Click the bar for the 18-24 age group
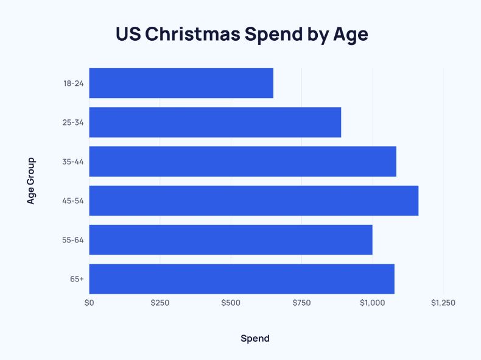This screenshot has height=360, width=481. [x=181, y=83]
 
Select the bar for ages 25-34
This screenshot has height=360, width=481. [x=215, y=122]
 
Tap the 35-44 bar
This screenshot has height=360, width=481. [x=242, y=161]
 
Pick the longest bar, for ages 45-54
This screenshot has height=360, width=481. [x=253, y=200]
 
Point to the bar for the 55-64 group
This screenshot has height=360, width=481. [x=230, y=240]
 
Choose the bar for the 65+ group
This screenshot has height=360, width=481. [x=241, y=279]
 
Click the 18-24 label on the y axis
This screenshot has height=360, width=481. [x=73, y=83]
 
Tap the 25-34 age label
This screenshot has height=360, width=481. [x=73, y=122]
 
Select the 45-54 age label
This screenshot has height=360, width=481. [x=73, y=201]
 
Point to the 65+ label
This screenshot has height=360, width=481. [x=77, y=280]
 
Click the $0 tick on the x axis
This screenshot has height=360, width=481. [x=89, y=303]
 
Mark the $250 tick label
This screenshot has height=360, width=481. [x=160, y=303]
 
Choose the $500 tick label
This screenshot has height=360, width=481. [x=231, y=303]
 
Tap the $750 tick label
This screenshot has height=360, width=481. [x=301, y=303]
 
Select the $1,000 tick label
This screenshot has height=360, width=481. [x=372, y=303]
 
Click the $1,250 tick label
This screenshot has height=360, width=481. [x=443, y=303]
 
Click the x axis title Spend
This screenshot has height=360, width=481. [x=255, y=339]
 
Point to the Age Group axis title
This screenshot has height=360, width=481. [x=31, y=181]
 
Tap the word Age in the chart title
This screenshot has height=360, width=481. [x=349, y=35]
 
